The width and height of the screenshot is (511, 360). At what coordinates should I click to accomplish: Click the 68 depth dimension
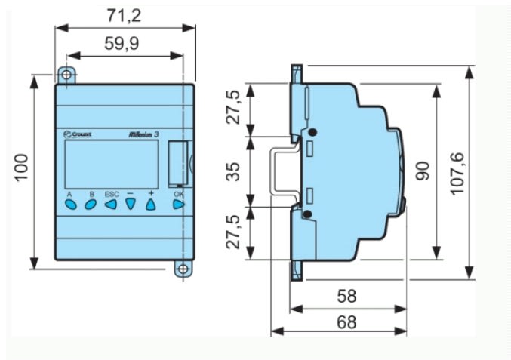click(346, 321)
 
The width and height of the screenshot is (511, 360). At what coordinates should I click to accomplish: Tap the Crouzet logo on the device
click(78, 134)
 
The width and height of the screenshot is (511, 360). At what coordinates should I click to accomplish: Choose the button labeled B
click(91, 204)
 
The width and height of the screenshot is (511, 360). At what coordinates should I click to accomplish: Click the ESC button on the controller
click(112, 204)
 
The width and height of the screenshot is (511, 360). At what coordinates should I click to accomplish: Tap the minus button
click(130, 204)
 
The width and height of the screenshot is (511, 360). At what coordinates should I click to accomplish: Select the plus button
click(150, 204)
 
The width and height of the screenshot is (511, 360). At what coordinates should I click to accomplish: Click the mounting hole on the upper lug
click(67, 75)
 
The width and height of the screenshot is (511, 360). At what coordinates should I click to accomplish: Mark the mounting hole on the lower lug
click(182, 268)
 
